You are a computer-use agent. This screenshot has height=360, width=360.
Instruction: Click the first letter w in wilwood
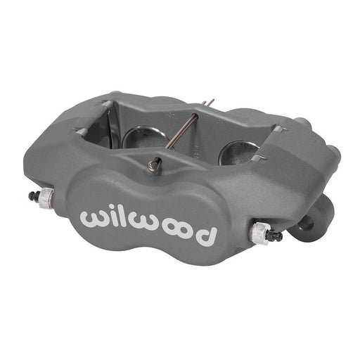pyautogui.click(x=94, y=218)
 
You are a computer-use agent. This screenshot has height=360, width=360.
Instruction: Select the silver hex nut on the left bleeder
pyautogui.click(x=44, y=199)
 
